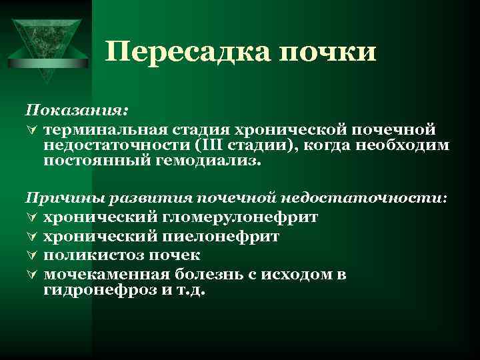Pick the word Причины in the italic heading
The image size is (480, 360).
tap(56, 198)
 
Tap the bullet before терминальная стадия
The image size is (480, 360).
tap(31, 128)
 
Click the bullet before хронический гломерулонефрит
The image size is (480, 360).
tap(31, 217)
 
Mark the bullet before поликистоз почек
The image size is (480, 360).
tap(31, 255)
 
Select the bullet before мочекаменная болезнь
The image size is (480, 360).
tap(31, 274)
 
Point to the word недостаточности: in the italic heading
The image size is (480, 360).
tap(365, 198)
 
